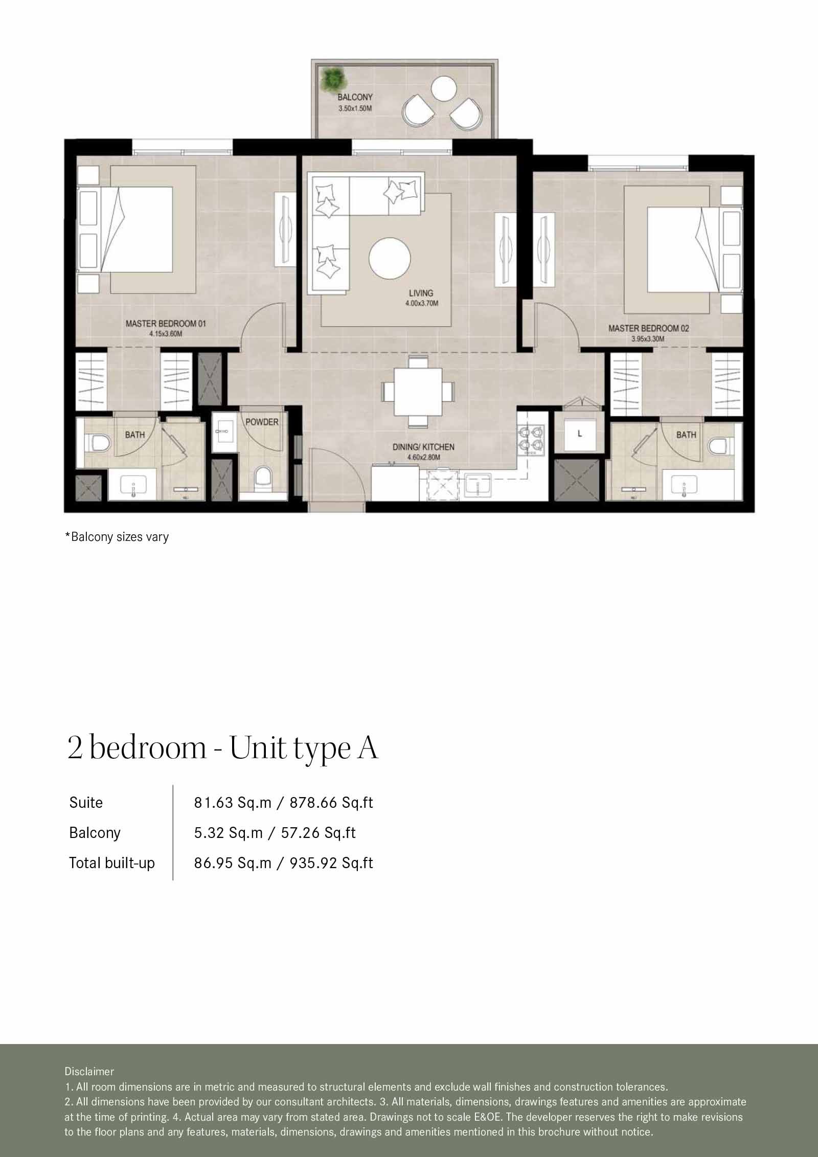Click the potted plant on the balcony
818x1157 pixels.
point(333,79)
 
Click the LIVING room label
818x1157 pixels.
point(421,293)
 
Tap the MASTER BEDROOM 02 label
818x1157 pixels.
point(648,328)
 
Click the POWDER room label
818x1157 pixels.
point(262,422)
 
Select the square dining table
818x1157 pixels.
point(418,392)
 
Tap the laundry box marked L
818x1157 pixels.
point(579,434)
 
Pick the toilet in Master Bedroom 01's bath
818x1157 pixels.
point(98,443)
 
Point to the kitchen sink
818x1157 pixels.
point(478,482)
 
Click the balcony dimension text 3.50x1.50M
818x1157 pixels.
point(355,108)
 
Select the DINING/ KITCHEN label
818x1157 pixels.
point(423,447)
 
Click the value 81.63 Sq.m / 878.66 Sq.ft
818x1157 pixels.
point(283,803)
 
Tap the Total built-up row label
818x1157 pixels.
point(112,863)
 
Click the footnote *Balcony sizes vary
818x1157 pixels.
point(117,537)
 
